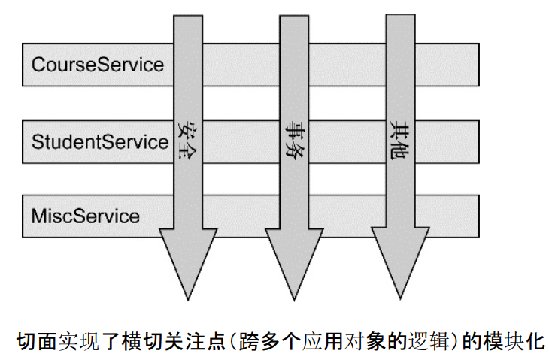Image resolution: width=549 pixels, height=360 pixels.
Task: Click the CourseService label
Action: click(97, 64)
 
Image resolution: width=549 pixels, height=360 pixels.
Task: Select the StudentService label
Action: click(99, 141)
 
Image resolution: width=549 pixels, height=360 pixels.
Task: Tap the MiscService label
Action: click(85, 216)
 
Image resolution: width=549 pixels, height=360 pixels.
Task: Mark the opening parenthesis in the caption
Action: click(223, 340)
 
